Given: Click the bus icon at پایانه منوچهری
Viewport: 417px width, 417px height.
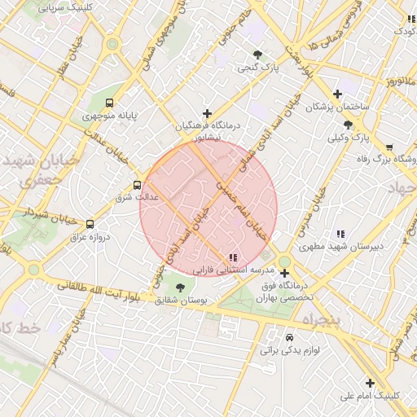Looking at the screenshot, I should [x=109, y=103].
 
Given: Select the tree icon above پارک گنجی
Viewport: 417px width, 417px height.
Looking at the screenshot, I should [x=257, y=55].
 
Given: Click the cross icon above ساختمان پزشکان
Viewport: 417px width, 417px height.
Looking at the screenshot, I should [x=337, y=94].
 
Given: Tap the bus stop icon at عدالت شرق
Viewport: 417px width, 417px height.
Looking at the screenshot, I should [x=137, y=185].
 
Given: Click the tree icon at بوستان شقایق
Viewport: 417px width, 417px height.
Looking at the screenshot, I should [x=179, y=288].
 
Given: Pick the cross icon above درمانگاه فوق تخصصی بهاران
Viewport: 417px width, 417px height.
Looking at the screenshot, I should [x=284, y=273].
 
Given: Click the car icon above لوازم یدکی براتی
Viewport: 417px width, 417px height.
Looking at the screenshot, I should [x=289, y=337].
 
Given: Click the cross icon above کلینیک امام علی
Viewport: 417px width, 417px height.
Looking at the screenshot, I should [x=370, y=382].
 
